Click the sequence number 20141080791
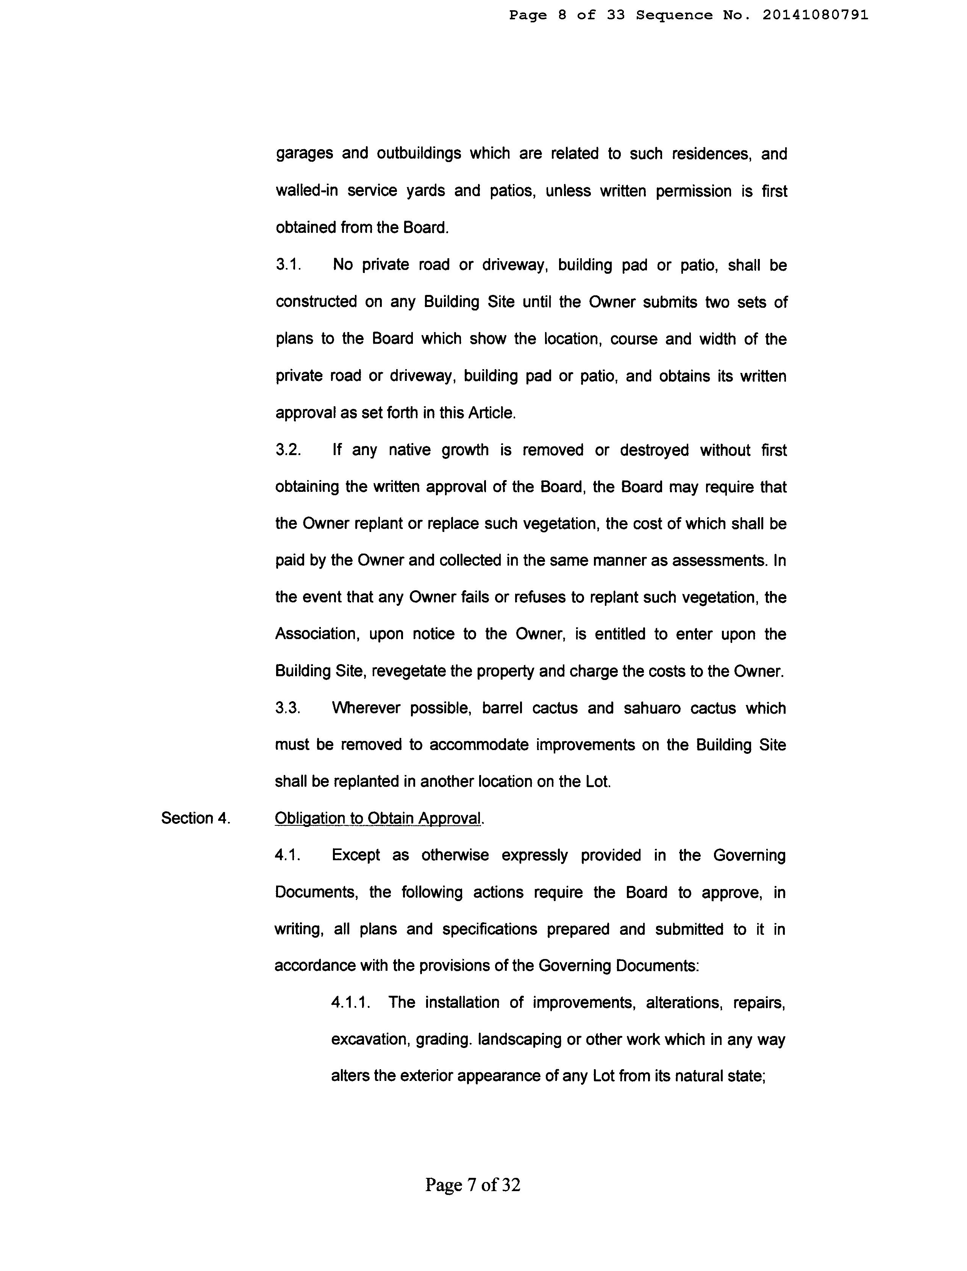(x=815, y=16)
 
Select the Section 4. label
(x=196, y=818)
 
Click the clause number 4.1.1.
(x=350, y=1002)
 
